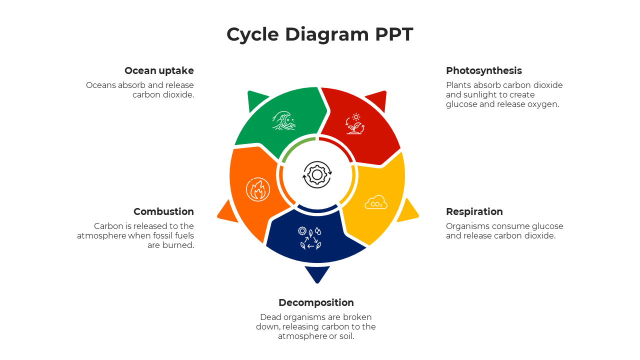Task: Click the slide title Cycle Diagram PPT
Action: click(319, 34)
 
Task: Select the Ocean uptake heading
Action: click(159, 70)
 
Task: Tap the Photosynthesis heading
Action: click(483, 70)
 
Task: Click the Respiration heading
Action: click(474, 211)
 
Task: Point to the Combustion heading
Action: click(163, 211)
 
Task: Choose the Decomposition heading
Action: click(316, 302)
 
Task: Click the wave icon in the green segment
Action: click(283, 120)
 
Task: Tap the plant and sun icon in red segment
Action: click(355, 123)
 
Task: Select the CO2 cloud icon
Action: click(376, 202)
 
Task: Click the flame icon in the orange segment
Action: click(258, 189)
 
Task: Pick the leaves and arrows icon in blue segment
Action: click(310, 238)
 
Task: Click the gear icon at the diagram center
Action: click(317, 174)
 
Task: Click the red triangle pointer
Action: click(378, 100)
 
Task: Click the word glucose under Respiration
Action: click(546, 226)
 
